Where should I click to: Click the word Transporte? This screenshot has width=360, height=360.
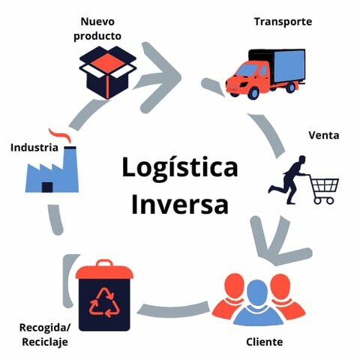click(283, 22)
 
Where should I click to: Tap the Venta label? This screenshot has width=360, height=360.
click(324, 136)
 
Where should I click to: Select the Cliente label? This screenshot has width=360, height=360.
click(264, 342)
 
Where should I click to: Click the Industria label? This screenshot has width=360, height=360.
click(34, 148)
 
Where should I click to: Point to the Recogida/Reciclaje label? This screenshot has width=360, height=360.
click(43, 334)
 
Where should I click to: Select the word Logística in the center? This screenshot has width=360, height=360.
click(180, 167)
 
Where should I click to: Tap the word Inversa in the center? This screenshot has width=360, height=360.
click(180, 203)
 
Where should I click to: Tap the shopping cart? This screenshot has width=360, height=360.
click(325, 189)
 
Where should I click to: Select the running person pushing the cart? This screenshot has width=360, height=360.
click(289, 176)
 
